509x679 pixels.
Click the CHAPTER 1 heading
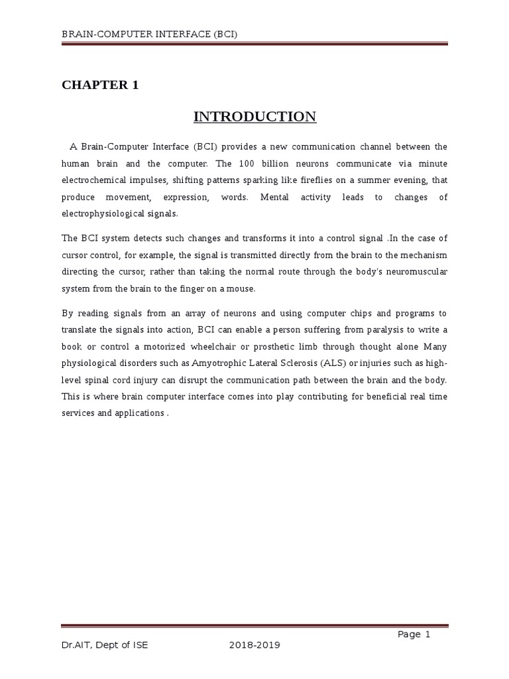point(100,85)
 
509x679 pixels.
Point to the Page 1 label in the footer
point(414,634)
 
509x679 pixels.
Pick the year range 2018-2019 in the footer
point(254,647)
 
